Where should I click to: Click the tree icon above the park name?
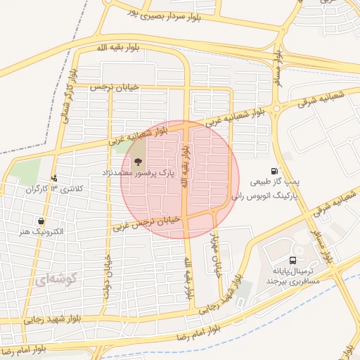coord(137,161)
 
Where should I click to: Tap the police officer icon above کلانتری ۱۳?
coord(55,179)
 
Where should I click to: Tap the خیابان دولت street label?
coord(108,277)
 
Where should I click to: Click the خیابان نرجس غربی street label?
coord(148,223)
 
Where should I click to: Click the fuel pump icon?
coord(274,170)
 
